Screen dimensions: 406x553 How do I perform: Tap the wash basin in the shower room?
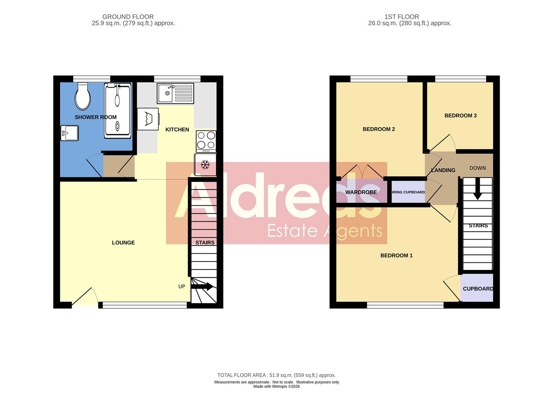point(69,133)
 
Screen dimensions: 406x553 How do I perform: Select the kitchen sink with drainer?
point(175,94)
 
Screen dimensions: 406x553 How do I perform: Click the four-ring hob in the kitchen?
point(206,141)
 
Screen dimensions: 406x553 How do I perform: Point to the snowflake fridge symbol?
point(205,165)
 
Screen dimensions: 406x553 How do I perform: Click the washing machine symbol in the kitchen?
point(148,119)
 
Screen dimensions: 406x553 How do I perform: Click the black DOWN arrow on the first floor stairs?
point(477,188)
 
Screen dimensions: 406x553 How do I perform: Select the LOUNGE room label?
point(123,243)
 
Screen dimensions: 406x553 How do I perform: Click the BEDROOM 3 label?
point(460,116)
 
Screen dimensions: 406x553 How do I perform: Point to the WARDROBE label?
point(361,192)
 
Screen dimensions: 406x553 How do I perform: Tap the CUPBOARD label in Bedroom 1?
point(478,289)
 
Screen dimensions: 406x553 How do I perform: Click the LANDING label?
point(443,170)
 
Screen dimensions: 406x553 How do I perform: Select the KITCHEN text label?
point(177,130)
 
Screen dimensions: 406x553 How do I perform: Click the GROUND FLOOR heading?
point(128,17)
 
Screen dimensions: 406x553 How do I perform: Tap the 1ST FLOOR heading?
point(401,17)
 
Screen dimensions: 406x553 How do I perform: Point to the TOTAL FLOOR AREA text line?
point(276,375)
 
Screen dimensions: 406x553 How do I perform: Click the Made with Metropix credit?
point(276,386)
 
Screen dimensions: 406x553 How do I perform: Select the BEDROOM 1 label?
point(396,256)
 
